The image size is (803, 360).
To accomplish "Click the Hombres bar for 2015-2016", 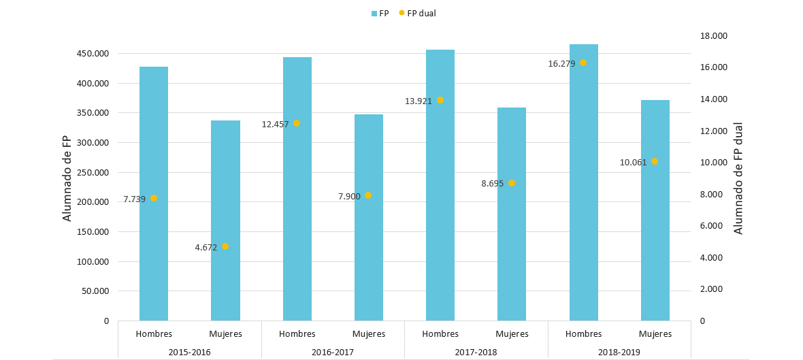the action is pos(154,193).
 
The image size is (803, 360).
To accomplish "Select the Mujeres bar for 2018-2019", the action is pos(655,210).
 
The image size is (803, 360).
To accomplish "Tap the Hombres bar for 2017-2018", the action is pos(440,185).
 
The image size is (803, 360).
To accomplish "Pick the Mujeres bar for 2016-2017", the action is pos(369,218).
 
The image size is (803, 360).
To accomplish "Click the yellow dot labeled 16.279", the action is pos(583,63).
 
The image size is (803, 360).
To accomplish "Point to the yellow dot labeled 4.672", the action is pos(225,246).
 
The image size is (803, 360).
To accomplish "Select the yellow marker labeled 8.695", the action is pos(512,183).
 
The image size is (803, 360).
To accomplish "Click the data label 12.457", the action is pos(276,124).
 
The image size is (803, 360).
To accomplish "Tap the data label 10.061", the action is pos(634,163).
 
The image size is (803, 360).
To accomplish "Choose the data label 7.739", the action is pos(134,199).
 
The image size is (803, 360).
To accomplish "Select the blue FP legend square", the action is pos(373,14).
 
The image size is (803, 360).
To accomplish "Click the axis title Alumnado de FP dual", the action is pos(738,179).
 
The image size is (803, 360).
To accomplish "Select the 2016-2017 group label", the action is pos(333,353).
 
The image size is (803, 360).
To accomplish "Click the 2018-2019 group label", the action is pos(619,353).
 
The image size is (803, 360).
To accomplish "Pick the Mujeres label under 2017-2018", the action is pos(512,334).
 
